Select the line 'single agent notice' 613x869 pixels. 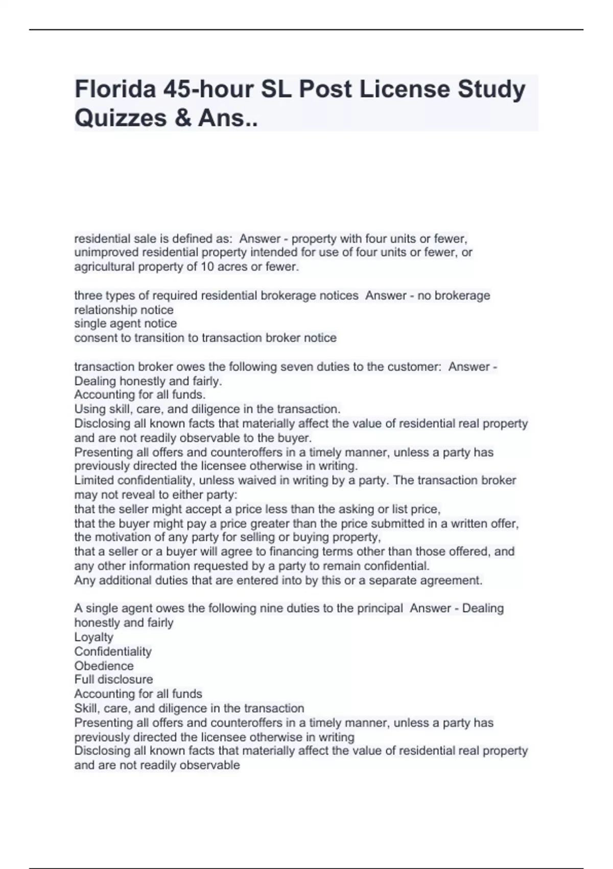click(126, 324)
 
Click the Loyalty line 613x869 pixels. click(94, 637)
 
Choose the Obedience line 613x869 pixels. click(104, 666)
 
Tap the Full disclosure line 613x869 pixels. click(113, 679)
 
